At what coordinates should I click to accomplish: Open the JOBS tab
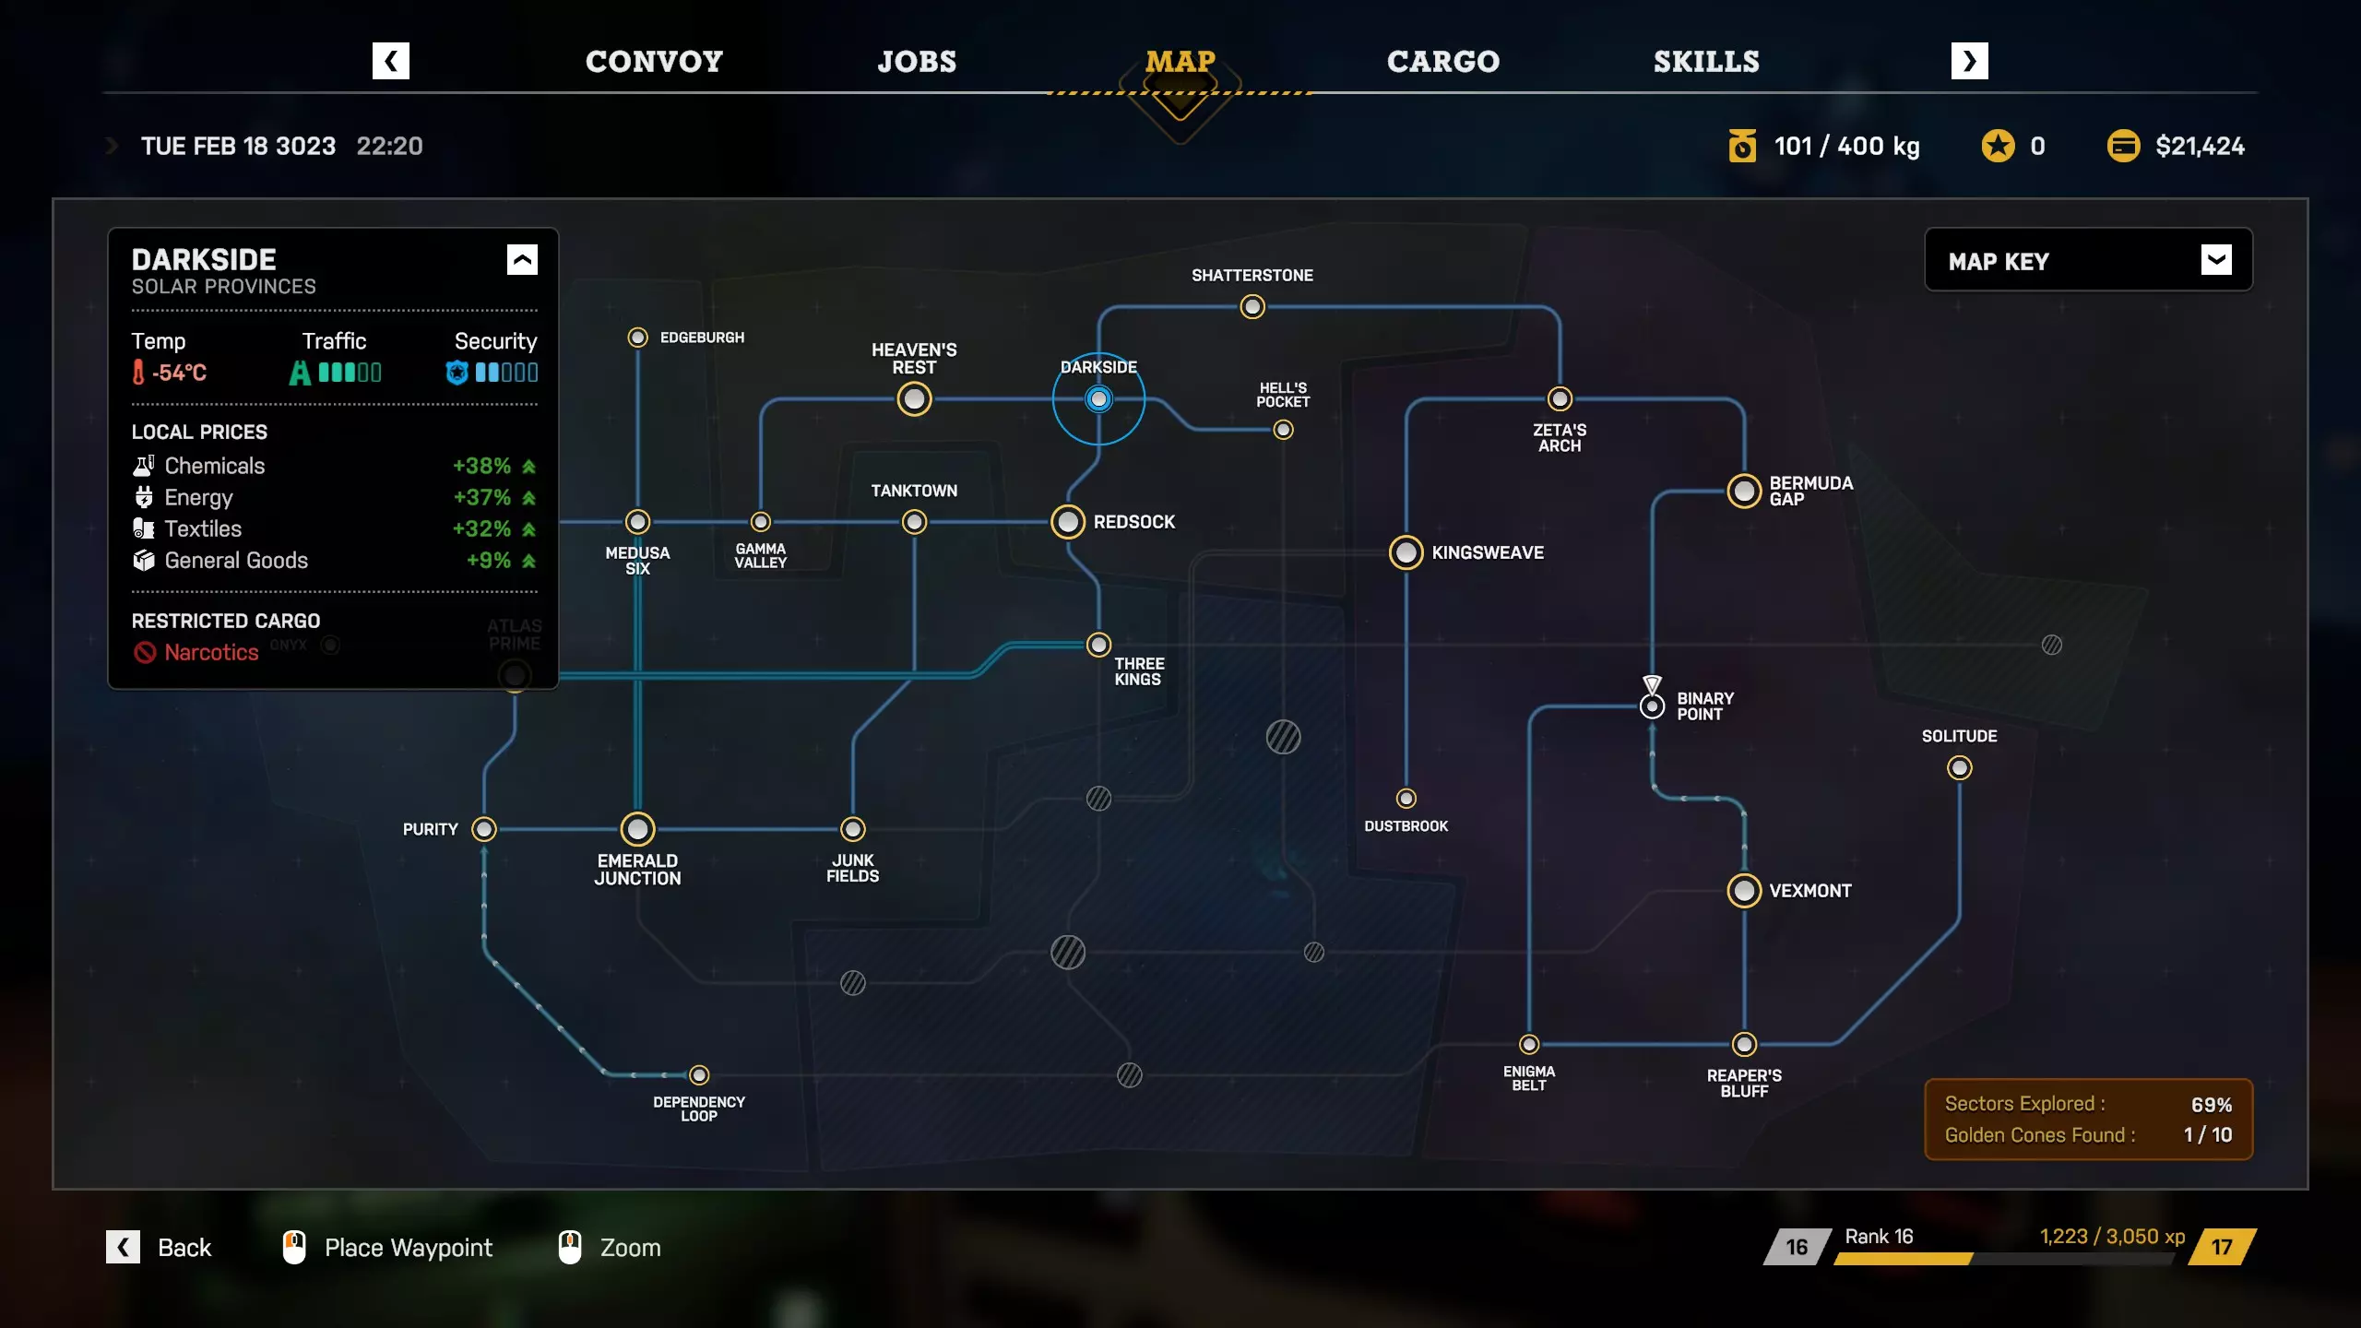pos(917,62)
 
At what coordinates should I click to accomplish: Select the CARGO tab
pos(1443,62)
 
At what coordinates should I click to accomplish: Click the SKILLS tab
pos(1706,62)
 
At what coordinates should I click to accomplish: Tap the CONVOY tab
pos(654,62)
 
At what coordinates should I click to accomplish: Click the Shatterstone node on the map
pos(1252,307)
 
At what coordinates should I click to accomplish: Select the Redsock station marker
pos(1068,522)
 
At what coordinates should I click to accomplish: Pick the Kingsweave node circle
pos(1406,552)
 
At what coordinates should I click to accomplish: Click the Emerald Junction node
pos(637,829)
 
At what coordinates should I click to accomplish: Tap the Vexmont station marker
pos(1744,891)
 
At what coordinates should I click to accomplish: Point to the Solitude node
pos(1959,768)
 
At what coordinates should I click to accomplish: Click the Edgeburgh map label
pos(702,338)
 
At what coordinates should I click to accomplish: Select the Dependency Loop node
pos(699,1075)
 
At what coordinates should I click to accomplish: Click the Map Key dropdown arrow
pos(2216,260)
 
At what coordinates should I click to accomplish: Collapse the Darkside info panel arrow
pos(522,260)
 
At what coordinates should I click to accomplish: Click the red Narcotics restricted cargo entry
pos(211,653)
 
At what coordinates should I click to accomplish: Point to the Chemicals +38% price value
pos(481,467)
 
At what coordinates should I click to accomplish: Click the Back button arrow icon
pos(123,1247)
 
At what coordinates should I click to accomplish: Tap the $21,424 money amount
pos(2200,147)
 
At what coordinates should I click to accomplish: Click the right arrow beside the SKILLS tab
pos(1969,62)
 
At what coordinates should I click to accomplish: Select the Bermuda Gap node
pos(1744,492)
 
